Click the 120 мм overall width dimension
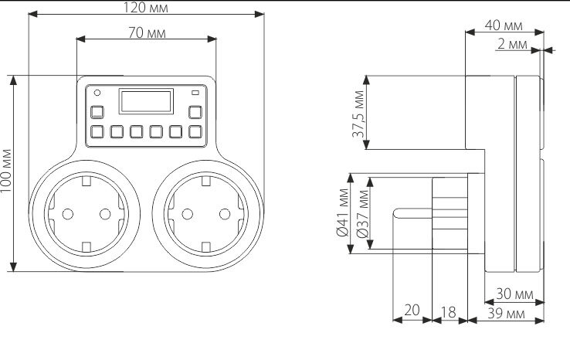pyautogui.click(x=146, y=8)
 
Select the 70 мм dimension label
pyautogui.click(x=146, y=34)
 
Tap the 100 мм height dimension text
pyautogui.click(x=7, y=173)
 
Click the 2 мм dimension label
pyautogui.click(x=512, y=45)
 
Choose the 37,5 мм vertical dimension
pyautogui.click(x=358, y=113)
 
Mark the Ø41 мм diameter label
pyautogui.click(x=342, y=212)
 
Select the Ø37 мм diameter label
pyautogui.click(x=361, y=212)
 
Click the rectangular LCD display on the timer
pyautogui.click(x=145, y=100)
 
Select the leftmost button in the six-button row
pyautogui.click(x=97, y=131)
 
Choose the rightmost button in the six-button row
pyautogui.click(x=195, y=131)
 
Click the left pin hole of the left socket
pyautogui.click(x=64, y=214)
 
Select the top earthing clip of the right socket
pyautogui.click(x=206, y=182)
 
